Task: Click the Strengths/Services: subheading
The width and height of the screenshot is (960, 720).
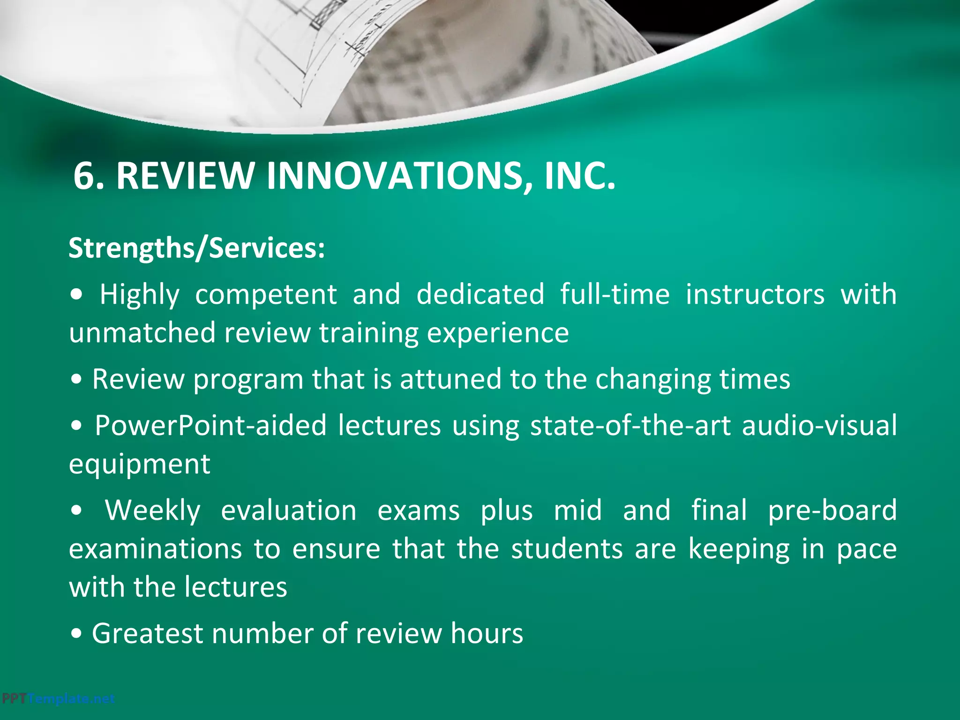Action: [x=197, y=248]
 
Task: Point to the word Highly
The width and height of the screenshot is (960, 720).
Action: [x=139, y=295]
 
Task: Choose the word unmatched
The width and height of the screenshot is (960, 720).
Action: [x=142, y=333]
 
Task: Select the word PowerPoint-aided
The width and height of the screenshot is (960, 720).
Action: [x=210, y=426]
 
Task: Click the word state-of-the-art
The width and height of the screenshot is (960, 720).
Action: [x=630, y=426]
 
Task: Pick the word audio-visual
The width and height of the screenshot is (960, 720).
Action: [x=819, y=426]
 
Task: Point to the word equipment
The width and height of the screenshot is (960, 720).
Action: [x=140, y=465]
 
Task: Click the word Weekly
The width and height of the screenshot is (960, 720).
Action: [x=153, y=511]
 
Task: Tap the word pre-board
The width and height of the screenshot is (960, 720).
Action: [x=832, y=511]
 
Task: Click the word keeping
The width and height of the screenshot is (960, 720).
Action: [x=739, y=550]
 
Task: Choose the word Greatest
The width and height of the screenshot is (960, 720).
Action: [x=147, y=634]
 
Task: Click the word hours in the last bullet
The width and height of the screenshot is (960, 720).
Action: [x=487, y=634]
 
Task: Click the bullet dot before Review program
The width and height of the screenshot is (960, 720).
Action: [x=76, y=380]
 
